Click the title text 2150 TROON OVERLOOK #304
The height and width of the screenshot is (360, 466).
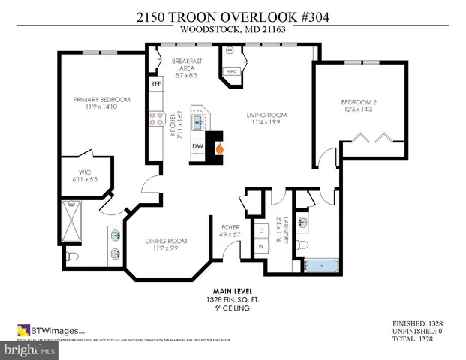click(x=233, y=16)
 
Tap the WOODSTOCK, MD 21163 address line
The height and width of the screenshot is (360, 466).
click(x=233, y=31)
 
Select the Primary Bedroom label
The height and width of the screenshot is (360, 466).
click(x=101, y=103)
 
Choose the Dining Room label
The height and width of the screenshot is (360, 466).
click(x=165, y=244)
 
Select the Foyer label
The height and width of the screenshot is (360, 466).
click(x=230, y=230)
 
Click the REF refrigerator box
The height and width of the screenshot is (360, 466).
click(x=156, y=84)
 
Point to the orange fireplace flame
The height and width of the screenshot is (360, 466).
click(x=219, y=148)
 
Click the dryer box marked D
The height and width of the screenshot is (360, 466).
click(x=261, y=230)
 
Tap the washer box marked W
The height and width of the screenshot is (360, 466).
click(x=261, y=246)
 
